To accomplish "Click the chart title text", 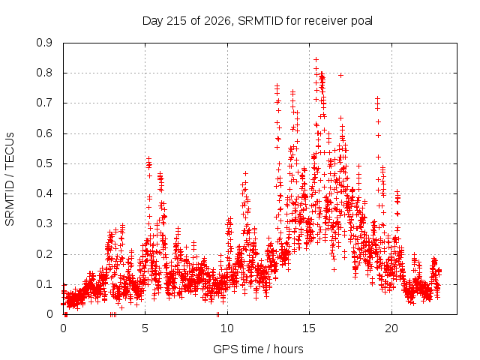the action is pos(257,21).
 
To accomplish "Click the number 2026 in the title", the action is pos(217,21).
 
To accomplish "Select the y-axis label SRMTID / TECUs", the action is pos(10,179).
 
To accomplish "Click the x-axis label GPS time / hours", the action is pos(258,349).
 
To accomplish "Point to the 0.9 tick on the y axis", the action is pos(44,43).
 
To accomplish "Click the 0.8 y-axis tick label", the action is pos(44,73).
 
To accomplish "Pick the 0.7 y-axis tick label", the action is pos(44,103).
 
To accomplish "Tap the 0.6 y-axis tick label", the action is pos(44,133).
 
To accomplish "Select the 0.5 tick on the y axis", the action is pos(44,163).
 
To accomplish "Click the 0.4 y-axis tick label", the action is pos(44,193).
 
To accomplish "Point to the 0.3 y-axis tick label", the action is pos(44,223).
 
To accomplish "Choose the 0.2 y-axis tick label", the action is pos(44,254).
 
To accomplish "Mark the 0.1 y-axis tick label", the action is pos(44,284).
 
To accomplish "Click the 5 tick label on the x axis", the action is pos(145,328).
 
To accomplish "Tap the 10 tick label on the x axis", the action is pos(226,328).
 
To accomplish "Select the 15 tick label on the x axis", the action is pos(309,328).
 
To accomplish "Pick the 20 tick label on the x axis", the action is pos(391,328).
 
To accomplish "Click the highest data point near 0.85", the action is pos(316,59).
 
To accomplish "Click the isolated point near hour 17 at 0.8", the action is pos(340,75).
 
